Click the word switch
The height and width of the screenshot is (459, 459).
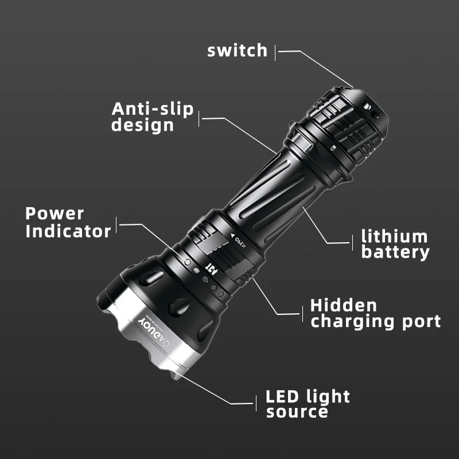click(237, 50)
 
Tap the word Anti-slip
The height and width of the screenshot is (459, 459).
click(153, 109)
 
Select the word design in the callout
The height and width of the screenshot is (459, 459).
click(142, 125)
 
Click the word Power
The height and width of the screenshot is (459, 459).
click(55, 214)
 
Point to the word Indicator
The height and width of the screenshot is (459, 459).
click(68, 231)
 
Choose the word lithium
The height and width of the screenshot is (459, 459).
click(394, 236)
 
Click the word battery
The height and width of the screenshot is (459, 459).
click(395, 252)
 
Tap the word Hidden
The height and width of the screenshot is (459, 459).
click(344, 305)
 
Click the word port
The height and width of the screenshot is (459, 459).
click(418, 322)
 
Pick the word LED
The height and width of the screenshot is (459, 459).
click(283, 396)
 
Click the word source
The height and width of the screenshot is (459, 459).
click(297, 412)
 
